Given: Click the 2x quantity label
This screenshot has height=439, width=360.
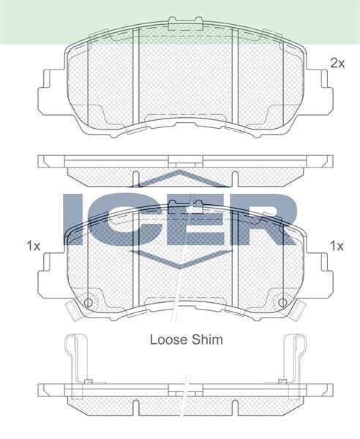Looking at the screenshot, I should [x=336, y=63].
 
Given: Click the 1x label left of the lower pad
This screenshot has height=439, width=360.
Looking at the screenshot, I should [x=32, y=245].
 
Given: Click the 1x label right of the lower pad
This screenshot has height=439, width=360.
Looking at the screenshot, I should [x=336, y=245].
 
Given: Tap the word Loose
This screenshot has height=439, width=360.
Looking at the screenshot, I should [x=168, y=339].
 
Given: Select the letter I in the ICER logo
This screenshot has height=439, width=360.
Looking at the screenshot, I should [x=75, y=219].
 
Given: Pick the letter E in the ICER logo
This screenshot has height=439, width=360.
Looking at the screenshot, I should [x=192, y=219].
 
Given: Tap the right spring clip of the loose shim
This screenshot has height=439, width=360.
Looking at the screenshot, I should [x=293, y=359].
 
